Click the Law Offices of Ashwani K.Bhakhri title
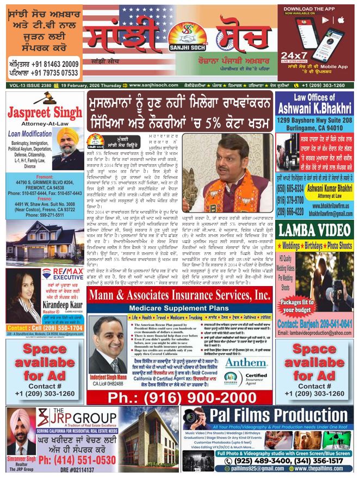coord(315,101)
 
